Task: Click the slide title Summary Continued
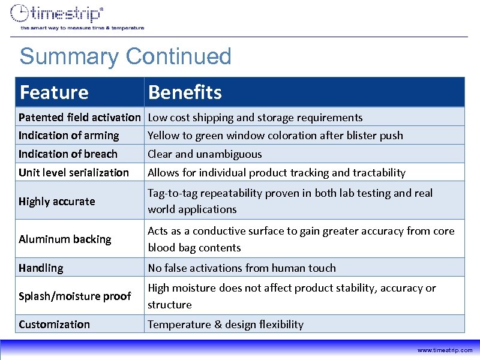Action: coord(125,56)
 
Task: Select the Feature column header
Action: coord(53,92)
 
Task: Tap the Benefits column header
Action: coord(185,92)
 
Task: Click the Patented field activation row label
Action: coord(79,117)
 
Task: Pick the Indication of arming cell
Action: coord(68,135)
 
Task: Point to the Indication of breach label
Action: coord(68,154)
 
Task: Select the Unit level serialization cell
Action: coord(73,172)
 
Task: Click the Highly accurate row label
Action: coord(56,201)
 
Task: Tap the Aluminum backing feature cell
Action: coord(65,239)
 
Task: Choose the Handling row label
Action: coord(40,268)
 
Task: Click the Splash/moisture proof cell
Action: coord(74,296)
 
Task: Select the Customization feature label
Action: coord(54,324)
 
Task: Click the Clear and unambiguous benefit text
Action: coord(205,154)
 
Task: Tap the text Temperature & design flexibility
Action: coord(226,324)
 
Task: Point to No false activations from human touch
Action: coord(242,268)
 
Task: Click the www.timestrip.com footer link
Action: coord(445,350)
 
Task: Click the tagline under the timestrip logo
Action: coord(82,28)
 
